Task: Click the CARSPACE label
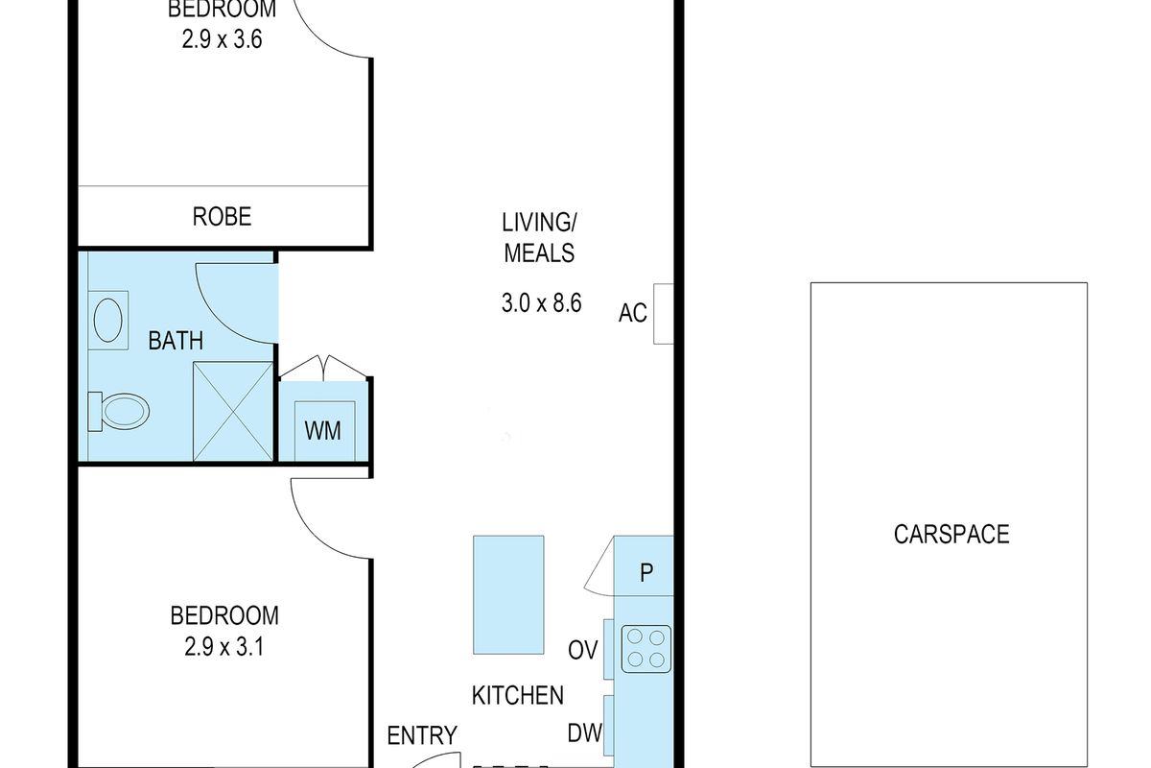(x=951, y=535)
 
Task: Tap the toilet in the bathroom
(x=119, y=411)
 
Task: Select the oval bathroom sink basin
(x=107, y=320)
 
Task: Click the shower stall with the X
(x=233, y=411)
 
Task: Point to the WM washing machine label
(x=322, y=431)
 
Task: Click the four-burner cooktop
(x=646, y=649)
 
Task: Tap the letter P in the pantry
(x=646, y=572)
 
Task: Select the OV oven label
(x=583, y=650)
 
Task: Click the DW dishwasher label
(x=584, y=733)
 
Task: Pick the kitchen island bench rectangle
(x=508, y=594)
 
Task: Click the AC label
(x=632, y=313)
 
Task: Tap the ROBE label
(x=222, y=217)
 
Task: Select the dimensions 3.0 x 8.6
(x=542, y=303)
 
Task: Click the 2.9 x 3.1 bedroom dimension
(x=224, y=647)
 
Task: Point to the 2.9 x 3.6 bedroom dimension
(x=222, y=39)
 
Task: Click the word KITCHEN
(x=517, y=695)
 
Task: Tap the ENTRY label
(x=422, y=735)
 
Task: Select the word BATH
(x=176, y=341)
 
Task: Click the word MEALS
(x=539, y=253)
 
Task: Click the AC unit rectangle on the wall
(x=664, y=314)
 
